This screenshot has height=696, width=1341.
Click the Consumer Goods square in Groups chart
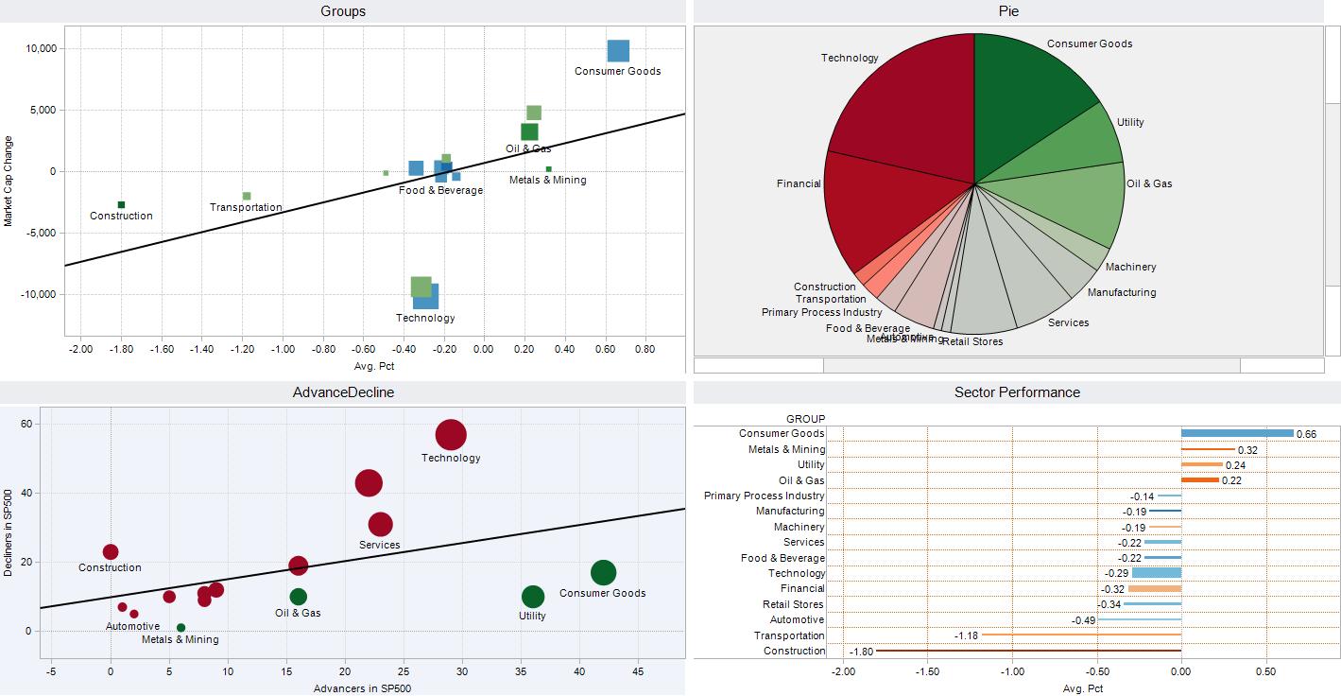[618, 51]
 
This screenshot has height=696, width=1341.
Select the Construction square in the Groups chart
[121, 204]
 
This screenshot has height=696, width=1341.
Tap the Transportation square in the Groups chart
[247, 196]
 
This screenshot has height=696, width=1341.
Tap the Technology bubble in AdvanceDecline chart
[451, 435]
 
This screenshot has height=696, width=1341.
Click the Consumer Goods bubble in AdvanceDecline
[603, 572]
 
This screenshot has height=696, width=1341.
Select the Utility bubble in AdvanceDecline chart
[533, 597]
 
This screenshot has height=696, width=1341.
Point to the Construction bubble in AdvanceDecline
[111, 551]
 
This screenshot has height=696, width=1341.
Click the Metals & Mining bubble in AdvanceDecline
[181, 627]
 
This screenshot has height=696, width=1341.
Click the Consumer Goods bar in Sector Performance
[1236, 433]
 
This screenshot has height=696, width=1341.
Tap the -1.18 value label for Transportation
[966, 635]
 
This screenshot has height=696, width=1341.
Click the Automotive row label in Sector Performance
[797, 619]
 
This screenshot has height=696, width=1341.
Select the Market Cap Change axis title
[9, 180]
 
